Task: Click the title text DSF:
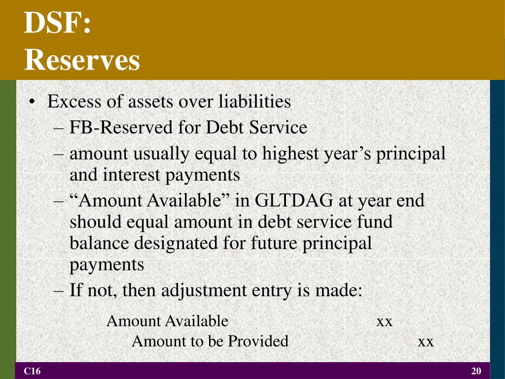pos(58,24)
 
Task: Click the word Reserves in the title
pos(82,60)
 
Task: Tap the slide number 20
pos(476,371)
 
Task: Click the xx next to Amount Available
pos(384,322)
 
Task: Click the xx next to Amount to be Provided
pos(426,341)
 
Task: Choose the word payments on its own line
pos(107,265)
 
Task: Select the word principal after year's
pos(411,154)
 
